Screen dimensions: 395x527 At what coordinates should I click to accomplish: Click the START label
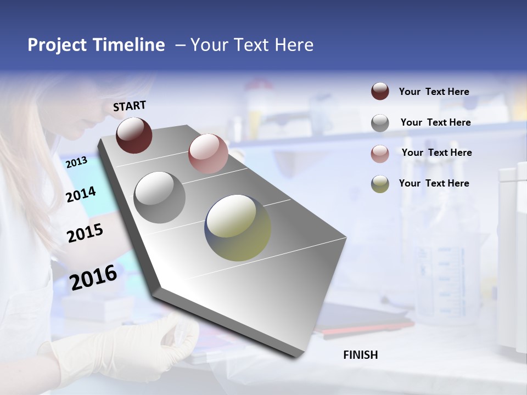pyautogui.click(x=130, y=106)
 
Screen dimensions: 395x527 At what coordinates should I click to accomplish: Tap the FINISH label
pyautogui.click(x=360, y=355)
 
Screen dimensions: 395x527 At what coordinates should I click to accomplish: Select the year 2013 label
pyautogui.click(x=76, y=162)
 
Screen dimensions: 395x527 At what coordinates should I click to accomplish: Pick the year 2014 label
pyautogui.click(x=81, y=194)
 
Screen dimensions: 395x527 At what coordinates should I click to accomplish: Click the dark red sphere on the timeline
pyautogui.click(x=134, y=135)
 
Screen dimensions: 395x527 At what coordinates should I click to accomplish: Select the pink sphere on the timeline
pyautogui.click(x=208, y=154)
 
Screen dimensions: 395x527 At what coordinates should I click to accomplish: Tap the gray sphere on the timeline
pyautogui.click(x=160, y=198)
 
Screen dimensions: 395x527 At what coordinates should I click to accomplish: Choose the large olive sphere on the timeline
pyautogui.click(x=238, y=228)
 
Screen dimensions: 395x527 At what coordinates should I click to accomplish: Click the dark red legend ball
pyautogui.click(x=380, y=92)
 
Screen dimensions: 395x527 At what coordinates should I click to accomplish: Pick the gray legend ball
pyautogui.click(x=380, y=123)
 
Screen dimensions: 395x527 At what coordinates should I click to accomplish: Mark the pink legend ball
pyautogui.click(x=380, y=154)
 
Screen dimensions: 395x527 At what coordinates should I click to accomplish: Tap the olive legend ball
pyautogui.click(x=380, y=184)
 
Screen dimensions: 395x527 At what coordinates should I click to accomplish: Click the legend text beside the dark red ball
pyautogui.click(x=434, y=92)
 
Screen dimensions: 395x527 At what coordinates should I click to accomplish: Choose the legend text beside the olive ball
pyautogui.click(x=434, y=183)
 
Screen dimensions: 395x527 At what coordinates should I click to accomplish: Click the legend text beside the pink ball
pyautogui.click(x=436, y=153)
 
